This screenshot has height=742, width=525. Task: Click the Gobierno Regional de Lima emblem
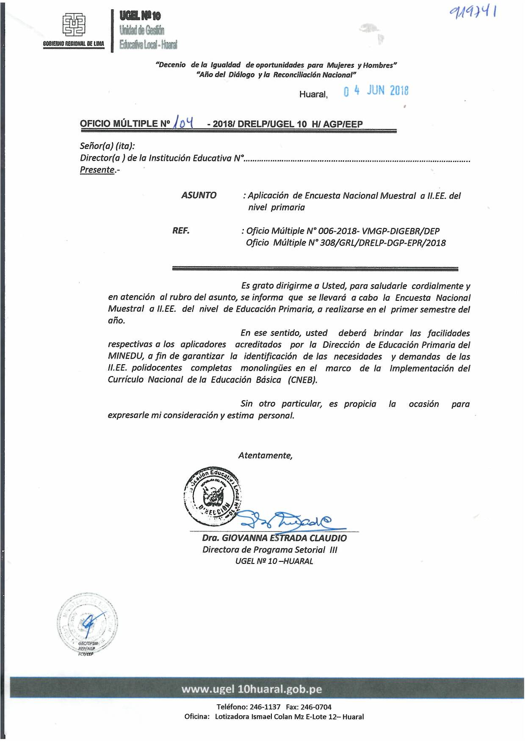pos(74,24)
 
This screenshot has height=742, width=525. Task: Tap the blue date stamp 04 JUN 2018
pos(376,91)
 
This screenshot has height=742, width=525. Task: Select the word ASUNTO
pos(199,195)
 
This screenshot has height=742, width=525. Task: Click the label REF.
pos(181,231)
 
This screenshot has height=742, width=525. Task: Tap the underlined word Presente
pos(97,170)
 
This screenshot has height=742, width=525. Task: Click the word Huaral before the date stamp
pos(313,94)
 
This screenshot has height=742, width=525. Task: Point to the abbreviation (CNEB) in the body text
pos(302,380)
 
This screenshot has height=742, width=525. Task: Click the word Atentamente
pos(265,456)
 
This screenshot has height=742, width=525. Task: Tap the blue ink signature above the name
pos(288,520)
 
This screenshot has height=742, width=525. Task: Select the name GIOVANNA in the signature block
pos(244,538)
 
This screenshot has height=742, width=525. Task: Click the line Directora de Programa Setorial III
pos(270,550)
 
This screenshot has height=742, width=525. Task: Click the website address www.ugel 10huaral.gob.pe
pos(251,689)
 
